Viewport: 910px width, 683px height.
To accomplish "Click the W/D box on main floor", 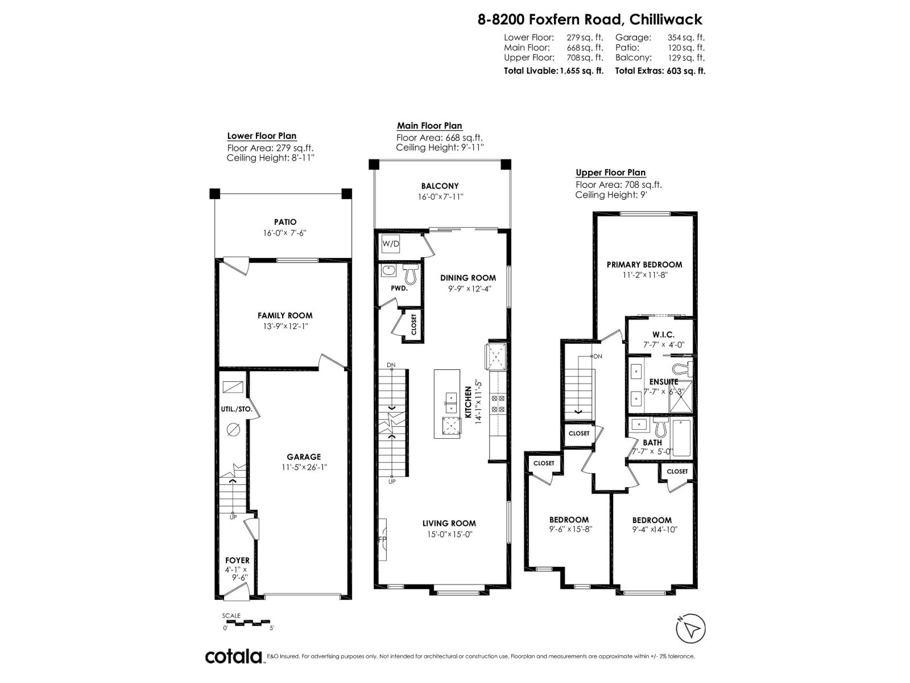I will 391,244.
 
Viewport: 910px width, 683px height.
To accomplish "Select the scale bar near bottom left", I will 248,622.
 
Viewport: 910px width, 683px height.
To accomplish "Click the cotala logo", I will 233,656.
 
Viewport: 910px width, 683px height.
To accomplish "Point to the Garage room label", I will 304,456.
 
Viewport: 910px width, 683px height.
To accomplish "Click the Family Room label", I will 285,315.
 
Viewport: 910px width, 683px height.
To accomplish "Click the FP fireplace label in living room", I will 382,538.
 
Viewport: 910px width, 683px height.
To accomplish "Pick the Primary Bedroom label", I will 644,265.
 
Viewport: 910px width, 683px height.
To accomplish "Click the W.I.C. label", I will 663,335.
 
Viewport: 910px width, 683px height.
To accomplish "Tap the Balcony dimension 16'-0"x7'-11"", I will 440,196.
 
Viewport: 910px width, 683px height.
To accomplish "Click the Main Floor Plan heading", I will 429,126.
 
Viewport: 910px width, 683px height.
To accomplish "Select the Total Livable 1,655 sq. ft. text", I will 553,71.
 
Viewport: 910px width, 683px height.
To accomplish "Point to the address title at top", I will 590,19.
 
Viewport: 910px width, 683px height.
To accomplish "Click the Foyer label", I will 237,560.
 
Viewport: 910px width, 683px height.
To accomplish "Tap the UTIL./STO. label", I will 236,409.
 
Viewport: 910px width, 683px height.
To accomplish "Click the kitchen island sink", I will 450,402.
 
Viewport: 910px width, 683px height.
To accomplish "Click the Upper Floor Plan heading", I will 610,172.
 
